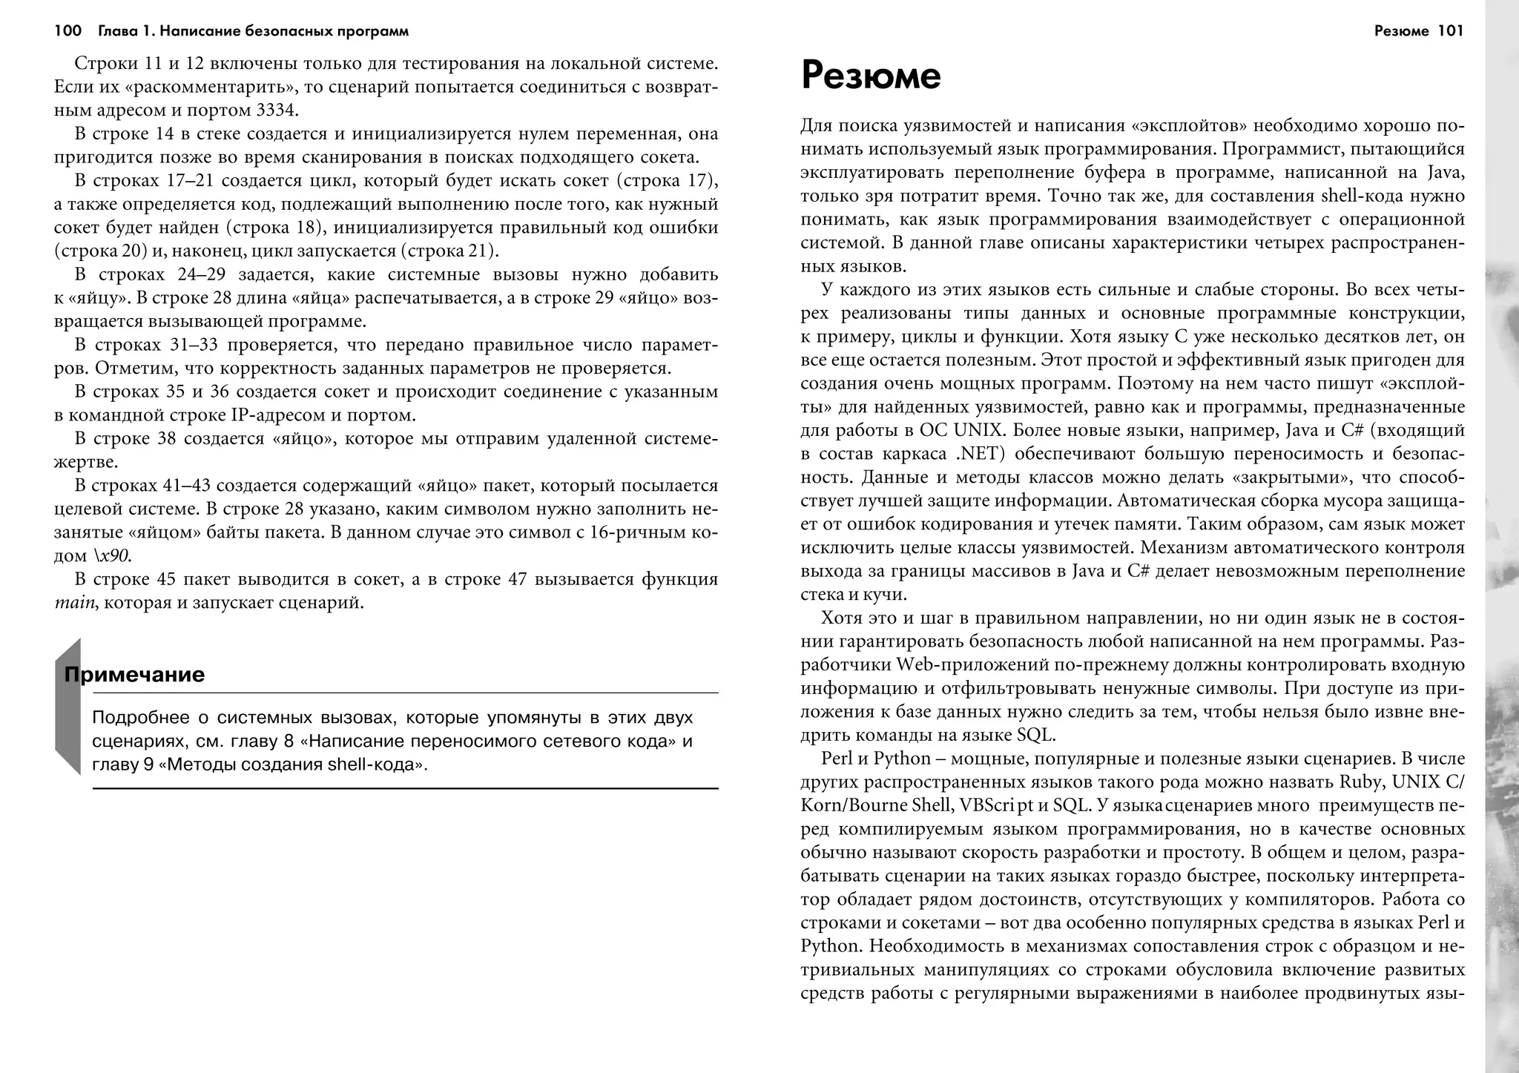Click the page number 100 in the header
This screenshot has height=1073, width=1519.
tap(67, 31)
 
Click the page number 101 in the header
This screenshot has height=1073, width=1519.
tap(1450, 31)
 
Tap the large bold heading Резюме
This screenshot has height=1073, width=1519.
tap(871, 76)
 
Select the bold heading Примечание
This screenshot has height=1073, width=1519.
tap(134, 675)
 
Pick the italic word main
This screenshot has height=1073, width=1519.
tap(75, 603)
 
